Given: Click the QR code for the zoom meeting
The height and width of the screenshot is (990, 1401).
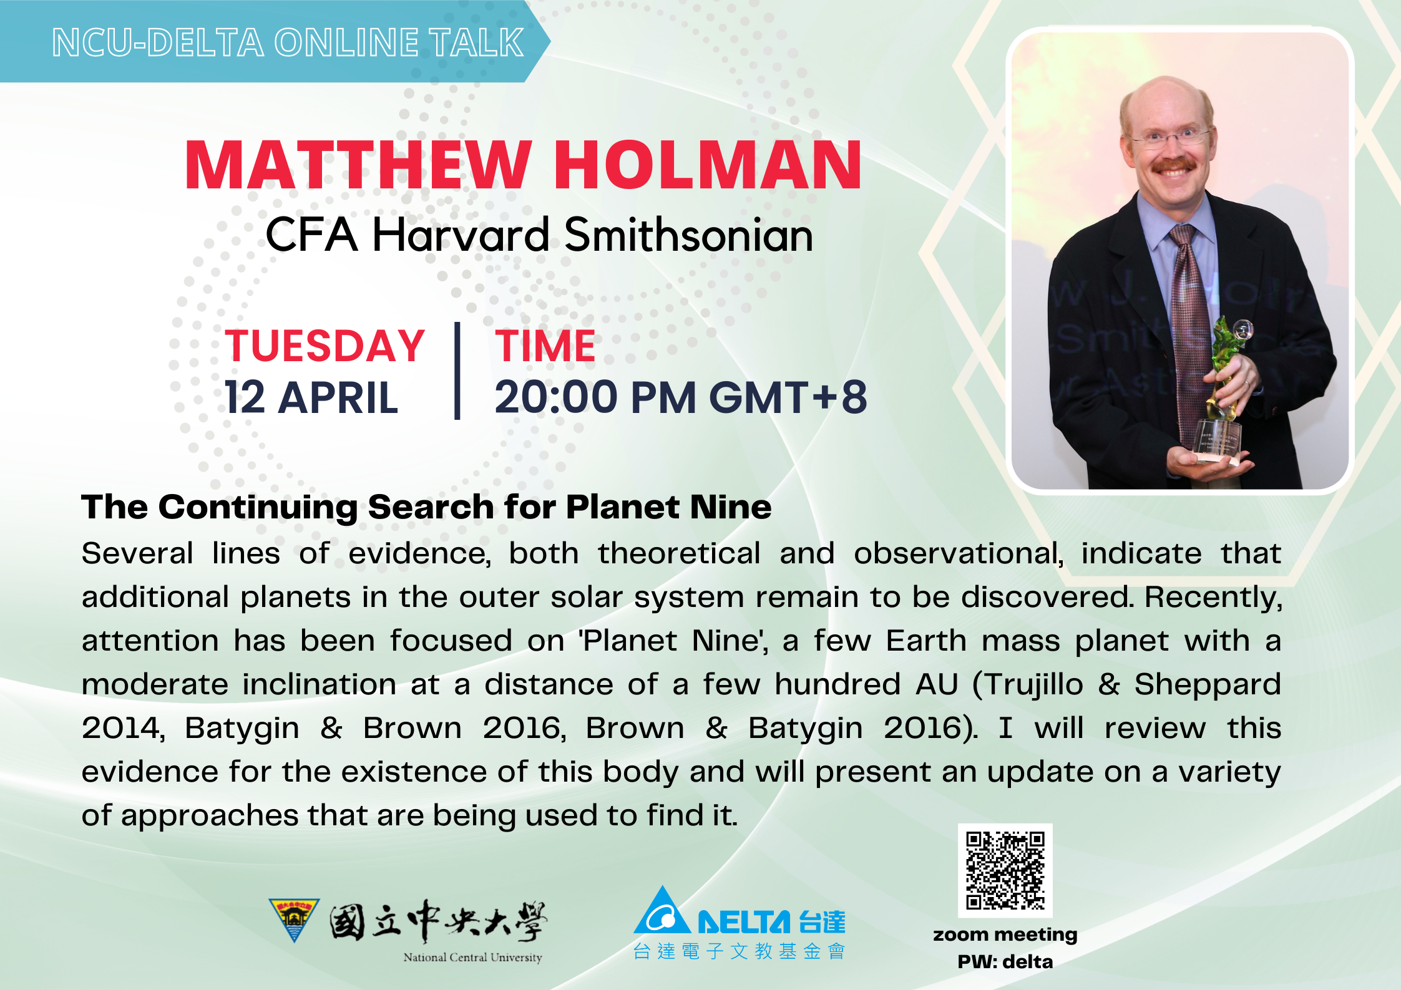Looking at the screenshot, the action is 1005,870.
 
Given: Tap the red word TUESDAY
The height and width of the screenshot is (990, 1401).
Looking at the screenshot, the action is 325,346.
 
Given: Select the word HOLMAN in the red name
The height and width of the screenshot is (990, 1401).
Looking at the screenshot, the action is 708,165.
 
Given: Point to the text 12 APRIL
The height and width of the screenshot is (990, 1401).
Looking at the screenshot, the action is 311,397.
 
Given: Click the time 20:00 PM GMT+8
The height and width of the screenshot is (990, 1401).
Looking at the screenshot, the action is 680,397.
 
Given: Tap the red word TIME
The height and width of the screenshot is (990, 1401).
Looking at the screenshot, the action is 545,346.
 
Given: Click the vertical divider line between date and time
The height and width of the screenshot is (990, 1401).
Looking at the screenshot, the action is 457,371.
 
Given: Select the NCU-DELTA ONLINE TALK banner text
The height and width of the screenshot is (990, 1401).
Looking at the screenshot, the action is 288,42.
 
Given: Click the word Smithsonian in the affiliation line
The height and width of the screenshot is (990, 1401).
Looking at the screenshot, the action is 688,235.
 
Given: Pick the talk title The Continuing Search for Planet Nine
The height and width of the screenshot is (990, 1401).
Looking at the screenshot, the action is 426,507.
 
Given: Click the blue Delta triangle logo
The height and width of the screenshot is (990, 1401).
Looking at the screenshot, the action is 661,910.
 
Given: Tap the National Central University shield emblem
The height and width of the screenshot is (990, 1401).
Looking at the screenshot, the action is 294,920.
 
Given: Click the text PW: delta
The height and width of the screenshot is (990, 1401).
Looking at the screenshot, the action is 1005,961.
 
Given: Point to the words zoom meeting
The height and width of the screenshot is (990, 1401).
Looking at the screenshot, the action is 1005,934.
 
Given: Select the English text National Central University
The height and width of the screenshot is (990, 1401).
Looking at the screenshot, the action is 472,958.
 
